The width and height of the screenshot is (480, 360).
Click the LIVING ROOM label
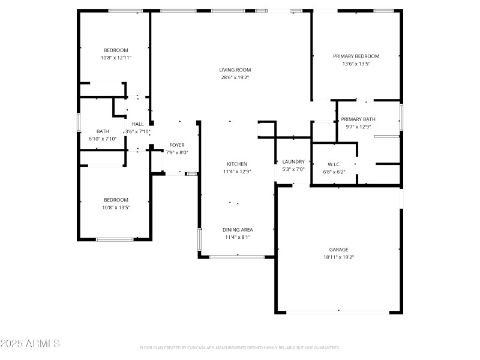[235, 70]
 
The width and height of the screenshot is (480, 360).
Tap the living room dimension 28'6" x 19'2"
[235, 77]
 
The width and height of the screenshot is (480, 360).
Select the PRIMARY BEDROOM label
[356, 56]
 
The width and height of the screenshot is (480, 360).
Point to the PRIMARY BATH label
[358, 119]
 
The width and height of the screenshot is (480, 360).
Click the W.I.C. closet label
[334, 164]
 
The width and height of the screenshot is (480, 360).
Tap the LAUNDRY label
[293, 162]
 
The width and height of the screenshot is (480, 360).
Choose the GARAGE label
[338, 250]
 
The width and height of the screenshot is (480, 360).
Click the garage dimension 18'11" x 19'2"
[338, 257]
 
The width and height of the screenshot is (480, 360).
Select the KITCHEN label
[236, 164]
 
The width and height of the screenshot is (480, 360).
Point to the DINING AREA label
[237, 230]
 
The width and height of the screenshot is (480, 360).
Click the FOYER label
[177, 145]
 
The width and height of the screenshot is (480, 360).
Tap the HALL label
[137, 124]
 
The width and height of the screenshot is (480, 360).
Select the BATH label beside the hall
[103, 131]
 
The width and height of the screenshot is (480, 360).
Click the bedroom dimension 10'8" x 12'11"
[116, 58]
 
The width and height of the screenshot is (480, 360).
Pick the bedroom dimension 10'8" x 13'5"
[116, 207]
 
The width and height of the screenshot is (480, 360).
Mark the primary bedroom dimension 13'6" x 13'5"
[356, 64]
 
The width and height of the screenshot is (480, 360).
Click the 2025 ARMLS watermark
[30, 344]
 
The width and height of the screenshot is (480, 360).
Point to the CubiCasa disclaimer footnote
[239, 348]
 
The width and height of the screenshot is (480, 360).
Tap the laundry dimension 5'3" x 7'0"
[293, 169]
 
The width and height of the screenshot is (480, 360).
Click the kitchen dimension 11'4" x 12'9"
[236, 172]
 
